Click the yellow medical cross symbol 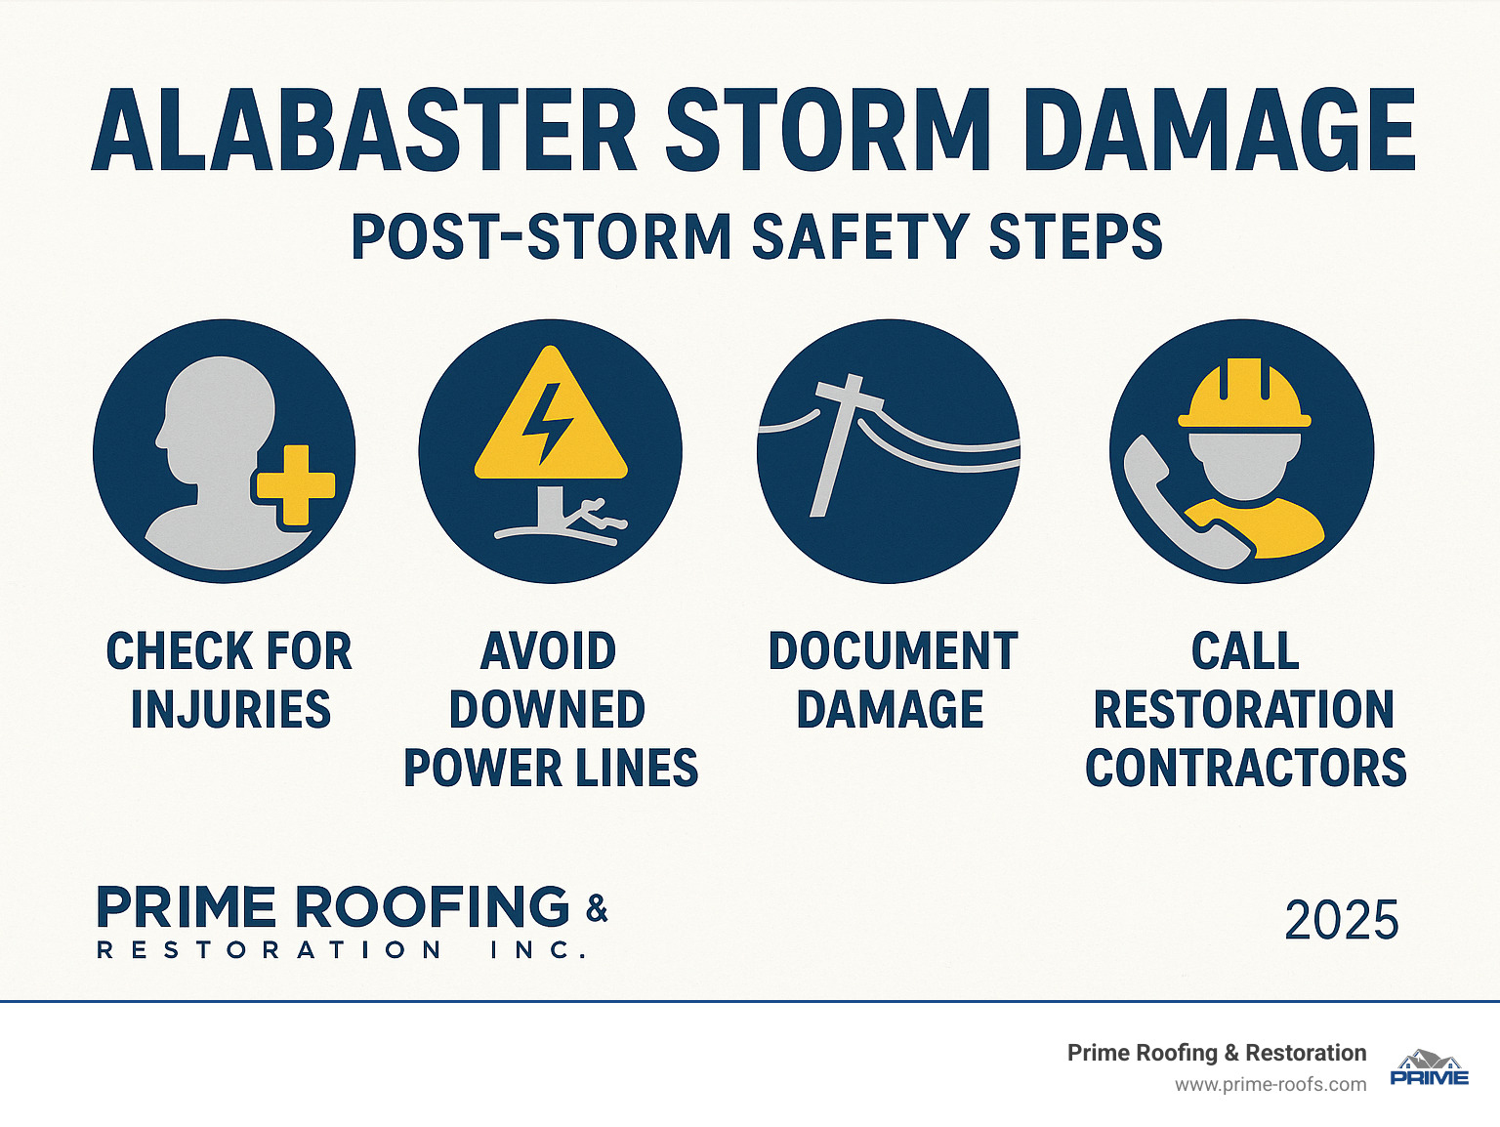tap(295, 485)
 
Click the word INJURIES tap(230, 710)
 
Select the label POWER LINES tap(551, 769)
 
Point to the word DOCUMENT tap(893, 651)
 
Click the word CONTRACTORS tap(1245, 769)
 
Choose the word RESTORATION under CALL tap(1243, 710)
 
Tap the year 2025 tap(1341, 921)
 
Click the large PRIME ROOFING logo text tap(332, 907)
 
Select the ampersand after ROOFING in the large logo tap(597, 908)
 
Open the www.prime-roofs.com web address tap(1270, 1085)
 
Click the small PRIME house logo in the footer tap(1429, 1068)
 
